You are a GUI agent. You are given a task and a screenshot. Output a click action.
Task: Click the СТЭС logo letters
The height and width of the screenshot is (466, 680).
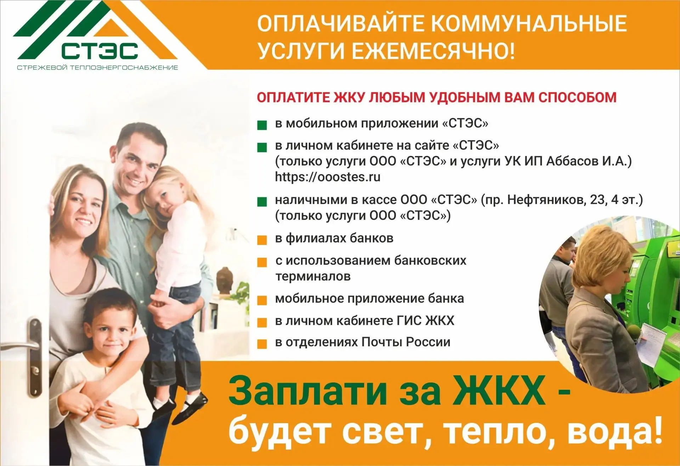click(x=99, y=51)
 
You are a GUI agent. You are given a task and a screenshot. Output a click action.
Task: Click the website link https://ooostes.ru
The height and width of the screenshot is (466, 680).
click(x=328, y=177)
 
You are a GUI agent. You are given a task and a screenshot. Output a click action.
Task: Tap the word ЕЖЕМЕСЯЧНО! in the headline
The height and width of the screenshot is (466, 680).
click(x=433, y=51)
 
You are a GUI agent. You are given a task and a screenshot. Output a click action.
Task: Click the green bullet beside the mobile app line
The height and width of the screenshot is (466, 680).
click(x=262, y=125)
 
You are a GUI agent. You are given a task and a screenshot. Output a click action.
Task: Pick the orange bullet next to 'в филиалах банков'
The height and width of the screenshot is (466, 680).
click(x=262, y=240)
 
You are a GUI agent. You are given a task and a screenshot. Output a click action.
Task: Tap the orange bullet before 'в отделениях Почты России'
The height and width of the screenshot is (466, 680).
click(x=262, y=344)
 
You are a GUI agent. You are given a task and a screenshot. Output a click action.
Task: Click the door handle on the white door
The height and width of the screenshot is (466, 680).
click(x=25, y=345)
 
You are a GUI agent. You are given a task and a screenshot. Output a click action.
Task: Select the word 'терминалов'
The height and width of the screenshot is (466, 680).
click(x=313, y=276)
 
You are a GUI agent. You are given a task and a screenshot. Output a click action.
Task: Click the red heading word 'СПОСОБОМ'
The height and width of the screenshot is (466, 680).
click(x=578, y=97)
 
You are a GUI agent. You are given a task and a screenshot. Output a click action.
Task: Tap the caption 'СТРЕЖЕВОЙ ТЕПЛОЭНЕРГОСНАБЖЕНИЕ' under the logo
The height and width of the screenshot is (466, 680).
click(x=97, y=68)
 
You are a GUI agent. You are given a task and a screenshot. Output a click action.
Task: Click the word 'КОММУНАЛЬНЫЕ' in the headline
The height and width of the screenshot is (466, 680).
click(x=529, y=23)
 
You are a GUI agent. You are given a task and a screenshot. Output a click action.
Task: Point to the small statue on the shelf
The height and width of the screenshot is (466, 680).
click(x=225, y=280)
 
